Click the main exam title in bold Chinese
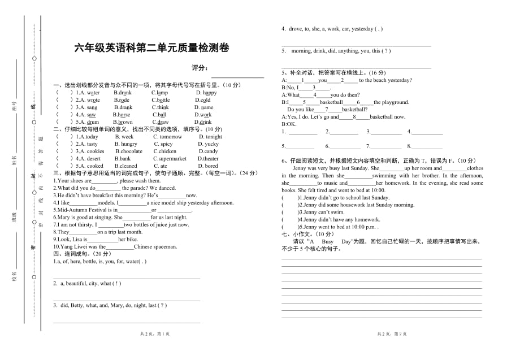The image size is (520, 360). click(x=152, y=48)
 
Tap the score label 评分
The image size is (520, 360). click(x=200, y=68)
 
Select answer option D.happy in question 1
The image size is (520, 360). click(x=206, y=93)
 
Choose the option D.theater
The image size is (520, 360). click(x=207, y=159)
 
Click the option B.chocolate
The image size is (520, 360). click(x=129, y=151)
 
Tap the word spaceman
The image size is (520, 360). click(x=164, y=246)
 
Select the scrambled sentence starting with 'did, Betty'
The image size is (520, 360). click(x=110, y=305)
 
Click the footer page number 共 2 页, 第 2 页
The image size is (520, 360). click(x=392, y=335)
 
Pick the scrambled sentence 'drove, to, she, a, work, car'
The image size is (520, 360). click(x=332, y=29)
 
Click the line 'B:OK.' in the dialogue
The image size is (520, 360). click(x=289, y=124)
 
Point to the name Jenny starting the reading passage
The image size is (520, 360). click(x=300, y=168)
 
